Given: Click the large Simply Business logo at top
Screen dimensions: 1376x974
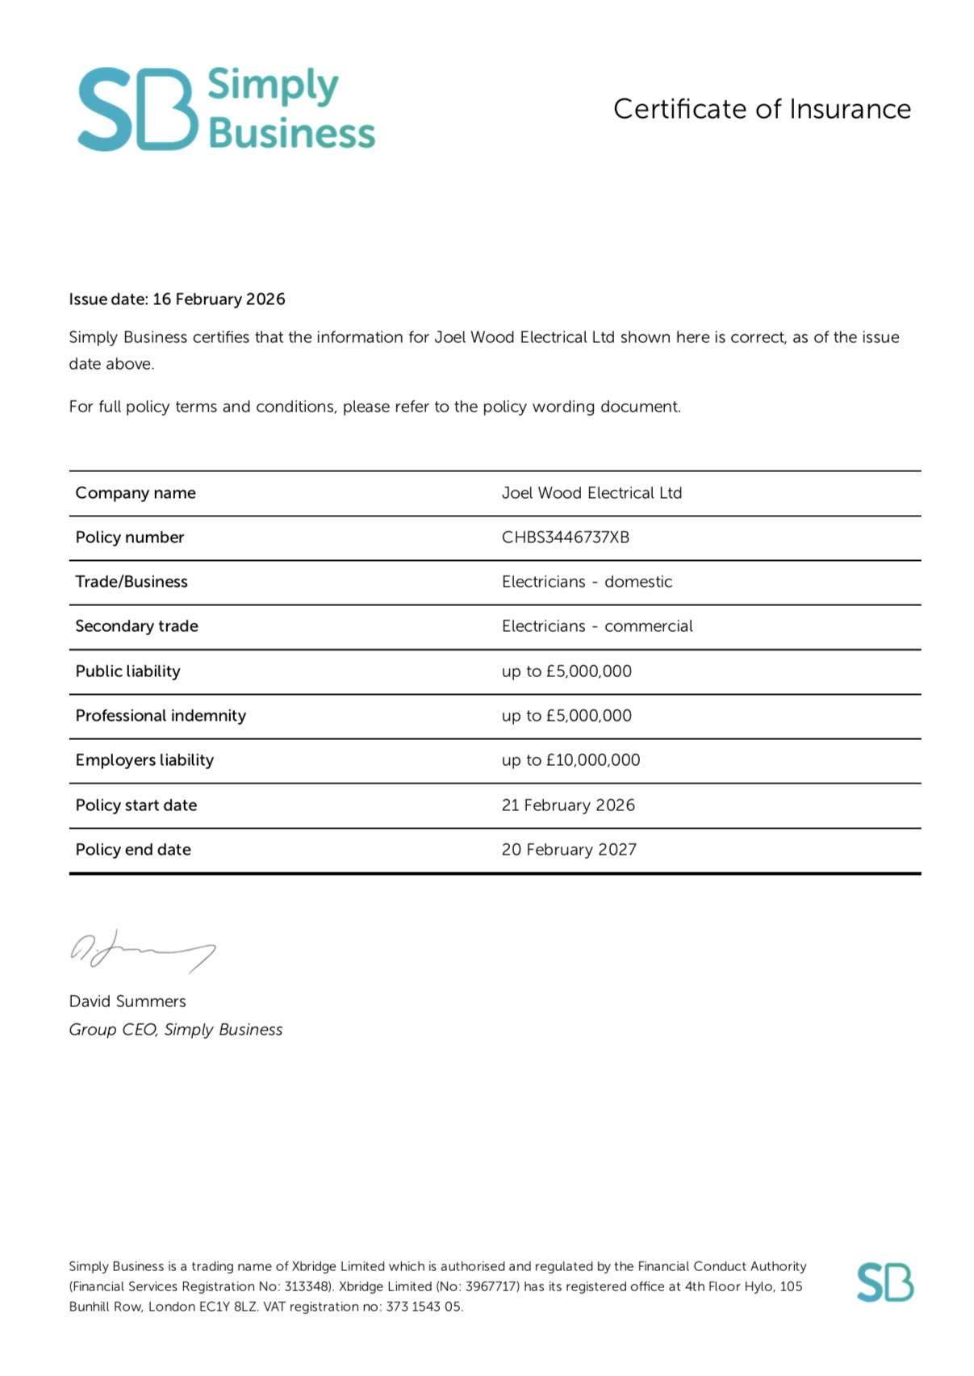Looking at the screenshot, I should [x=226, y=109].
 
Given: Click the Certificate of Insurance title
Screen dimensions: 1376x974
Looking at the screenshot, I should [x=762, y=109].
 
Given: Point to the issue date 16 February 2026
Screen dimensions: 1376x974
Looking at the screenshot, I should [x=219, y=299].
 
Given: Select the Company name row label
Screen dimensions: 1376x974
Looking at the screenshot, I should [x=136, y=493].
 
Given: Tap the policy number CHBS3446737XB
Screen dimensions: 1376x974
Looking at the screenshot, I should [x=565, y=537].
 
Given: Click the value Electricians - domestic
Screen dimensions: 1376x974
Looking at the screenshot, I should [x=587, y=582].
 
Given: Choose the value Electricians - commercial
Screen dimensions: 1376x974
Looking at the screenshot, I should [x=597, y=626].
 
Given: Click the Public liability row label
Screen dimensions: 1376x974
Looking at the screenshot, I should [x=127, y=671].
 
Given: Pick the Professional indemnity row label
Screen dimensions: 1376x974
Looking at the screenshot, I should [x=161, y=716].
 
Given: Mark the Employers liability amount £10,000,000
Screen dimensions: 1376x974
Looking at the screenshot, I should [x=593, y=760].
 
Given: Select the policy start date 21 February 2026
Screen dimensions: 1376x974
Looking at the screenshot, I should [x=568, y=805].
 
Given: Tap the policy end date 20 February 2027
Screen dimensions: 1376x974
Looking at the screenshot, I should [x=569, y=850].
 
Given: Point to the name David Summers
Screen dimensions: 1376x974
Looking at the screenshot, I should [x=127, y=1002].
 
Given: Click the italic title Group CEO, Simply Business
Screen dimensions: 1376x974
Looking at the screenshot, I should [x=176, y=1030].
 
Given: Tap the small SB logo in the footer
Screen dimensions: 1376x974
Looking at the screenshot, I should [x=884, y=1282].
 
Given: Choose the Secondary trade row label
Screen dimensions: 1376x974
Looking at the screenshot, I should [x=136, y=626].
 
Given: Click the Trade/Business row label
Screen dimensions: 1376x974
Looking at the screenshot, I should [x=132, y=582].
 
